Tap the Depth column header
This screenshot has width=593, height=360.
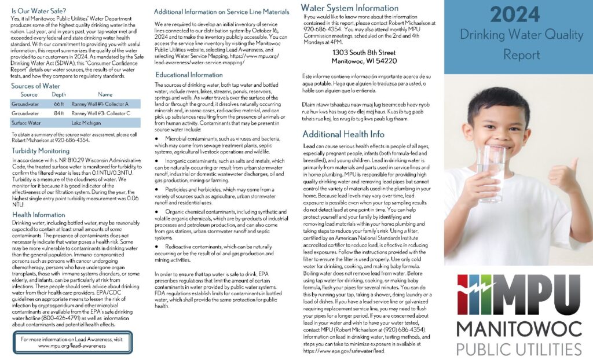pos(58,94)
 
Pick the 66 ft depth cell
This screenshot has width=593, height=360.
pos(58,104)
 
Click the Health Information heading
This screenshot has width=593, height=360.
pos(38,215)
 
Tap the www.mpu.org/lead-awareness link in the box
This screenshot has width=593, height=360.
pos(72,346)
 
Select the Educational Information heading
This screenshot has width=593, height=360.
pos(189,75)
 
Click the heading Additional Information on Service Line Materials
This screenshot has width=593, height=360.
pos(222,12)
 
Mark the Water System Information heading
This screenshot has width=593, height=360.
pos(350,8)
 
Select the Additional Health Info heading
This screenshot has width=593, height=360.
pos(343,134)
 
